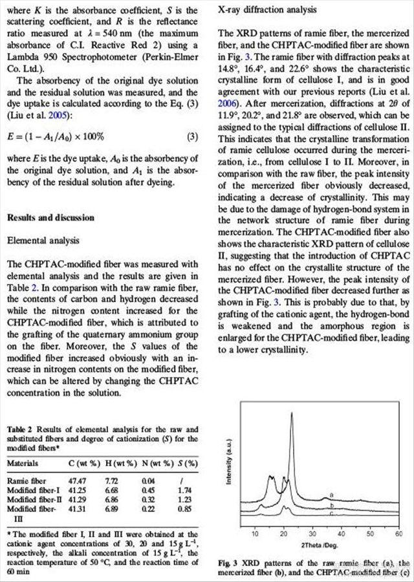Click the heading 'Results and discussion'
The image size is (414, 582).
50,217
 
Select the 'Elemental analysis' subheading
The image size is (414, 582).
43,240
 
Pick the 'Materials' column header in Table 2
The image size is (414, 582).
23,463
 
